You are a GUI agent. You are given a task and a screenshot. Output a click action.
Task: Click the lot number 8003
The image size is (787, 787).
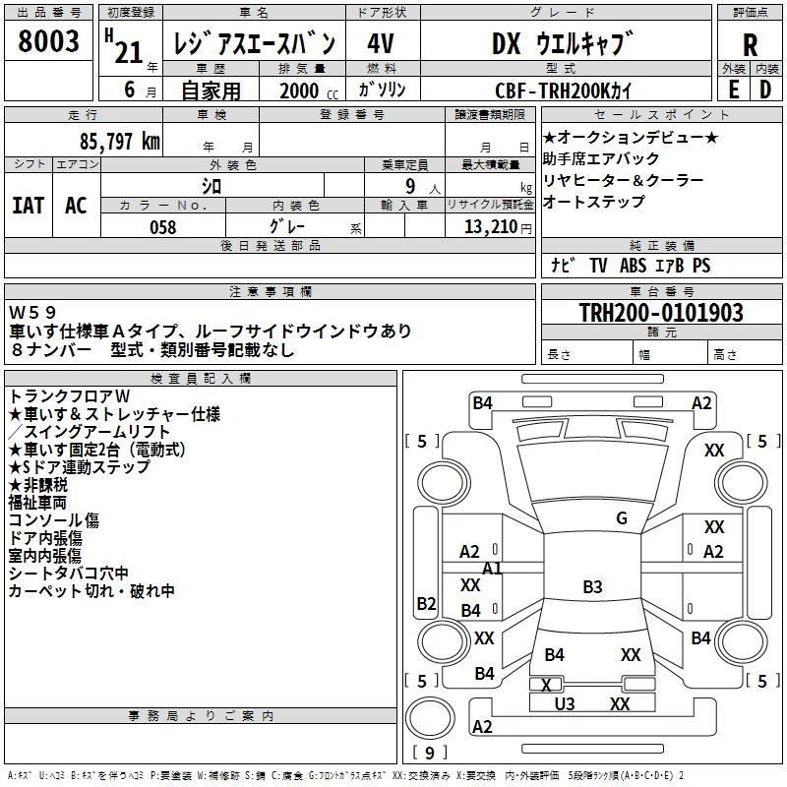point(48,40)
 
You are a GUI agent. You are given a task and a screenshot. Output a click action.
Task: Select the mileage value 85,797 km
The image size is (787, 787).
point(120,142)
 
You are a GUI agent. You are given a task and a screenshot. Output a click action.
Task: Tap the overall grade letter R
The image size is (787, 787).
point(750,44)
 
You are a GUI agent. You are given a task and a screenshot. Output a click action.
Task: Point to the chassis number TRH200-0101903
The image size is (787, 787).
point(661,312)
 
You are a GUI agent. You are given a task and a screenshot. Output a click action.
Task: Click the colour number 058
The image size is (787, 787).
point(163,227)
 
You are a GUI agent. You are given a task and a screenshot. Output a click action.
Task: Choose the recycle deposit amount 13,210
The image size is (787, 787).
point(491,227)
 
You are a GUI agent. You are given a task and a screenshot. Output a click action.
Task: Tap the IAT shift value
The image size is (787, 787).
point(29,206)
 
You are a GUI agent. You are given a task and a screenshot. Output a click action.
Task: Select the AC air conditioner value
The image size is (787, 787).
point(77,206)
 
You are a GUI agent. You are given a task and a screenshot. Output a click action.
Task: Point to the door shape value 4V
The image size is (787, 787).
point(381,43)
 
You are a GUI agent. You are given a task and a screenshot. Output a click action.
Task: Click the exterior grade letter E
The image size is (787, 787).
point(734,90)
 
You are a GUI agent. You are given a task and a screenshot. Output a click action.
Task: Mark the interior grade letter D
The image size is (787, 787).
point(765,90)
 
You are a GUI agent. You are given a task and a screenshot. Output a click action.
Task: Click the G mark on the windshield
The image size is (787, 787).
point(622,518)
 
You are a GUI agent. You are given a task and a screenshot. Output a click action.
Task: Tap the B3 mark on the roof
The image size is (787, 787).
point(592,586)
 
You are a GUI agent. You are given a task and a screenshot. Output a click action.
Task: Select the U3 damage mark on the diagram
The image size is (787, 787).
point(565,704)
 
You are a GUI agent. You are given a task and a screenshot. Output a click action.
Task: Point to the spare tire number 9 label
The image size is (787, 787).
point(430,753)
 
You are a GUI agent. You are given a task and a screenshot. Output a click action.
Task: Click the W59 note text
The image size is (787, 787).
point(32,312)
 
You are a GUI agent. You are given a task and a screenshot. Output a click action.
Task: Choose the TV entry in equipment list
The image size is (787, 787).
point(598,265)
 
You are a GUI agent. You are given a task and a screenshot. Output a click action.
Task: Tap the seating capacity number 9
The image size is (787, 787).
point(410,186)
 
